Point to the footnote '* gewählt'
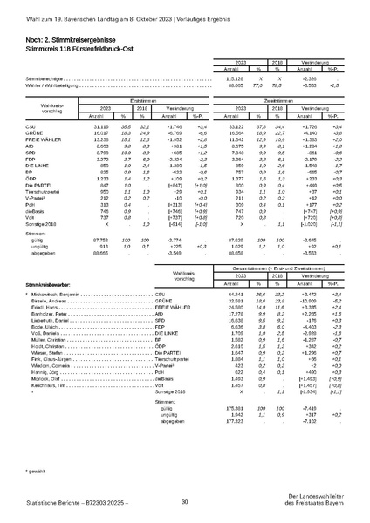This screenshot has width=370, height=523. pos(34,470)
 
